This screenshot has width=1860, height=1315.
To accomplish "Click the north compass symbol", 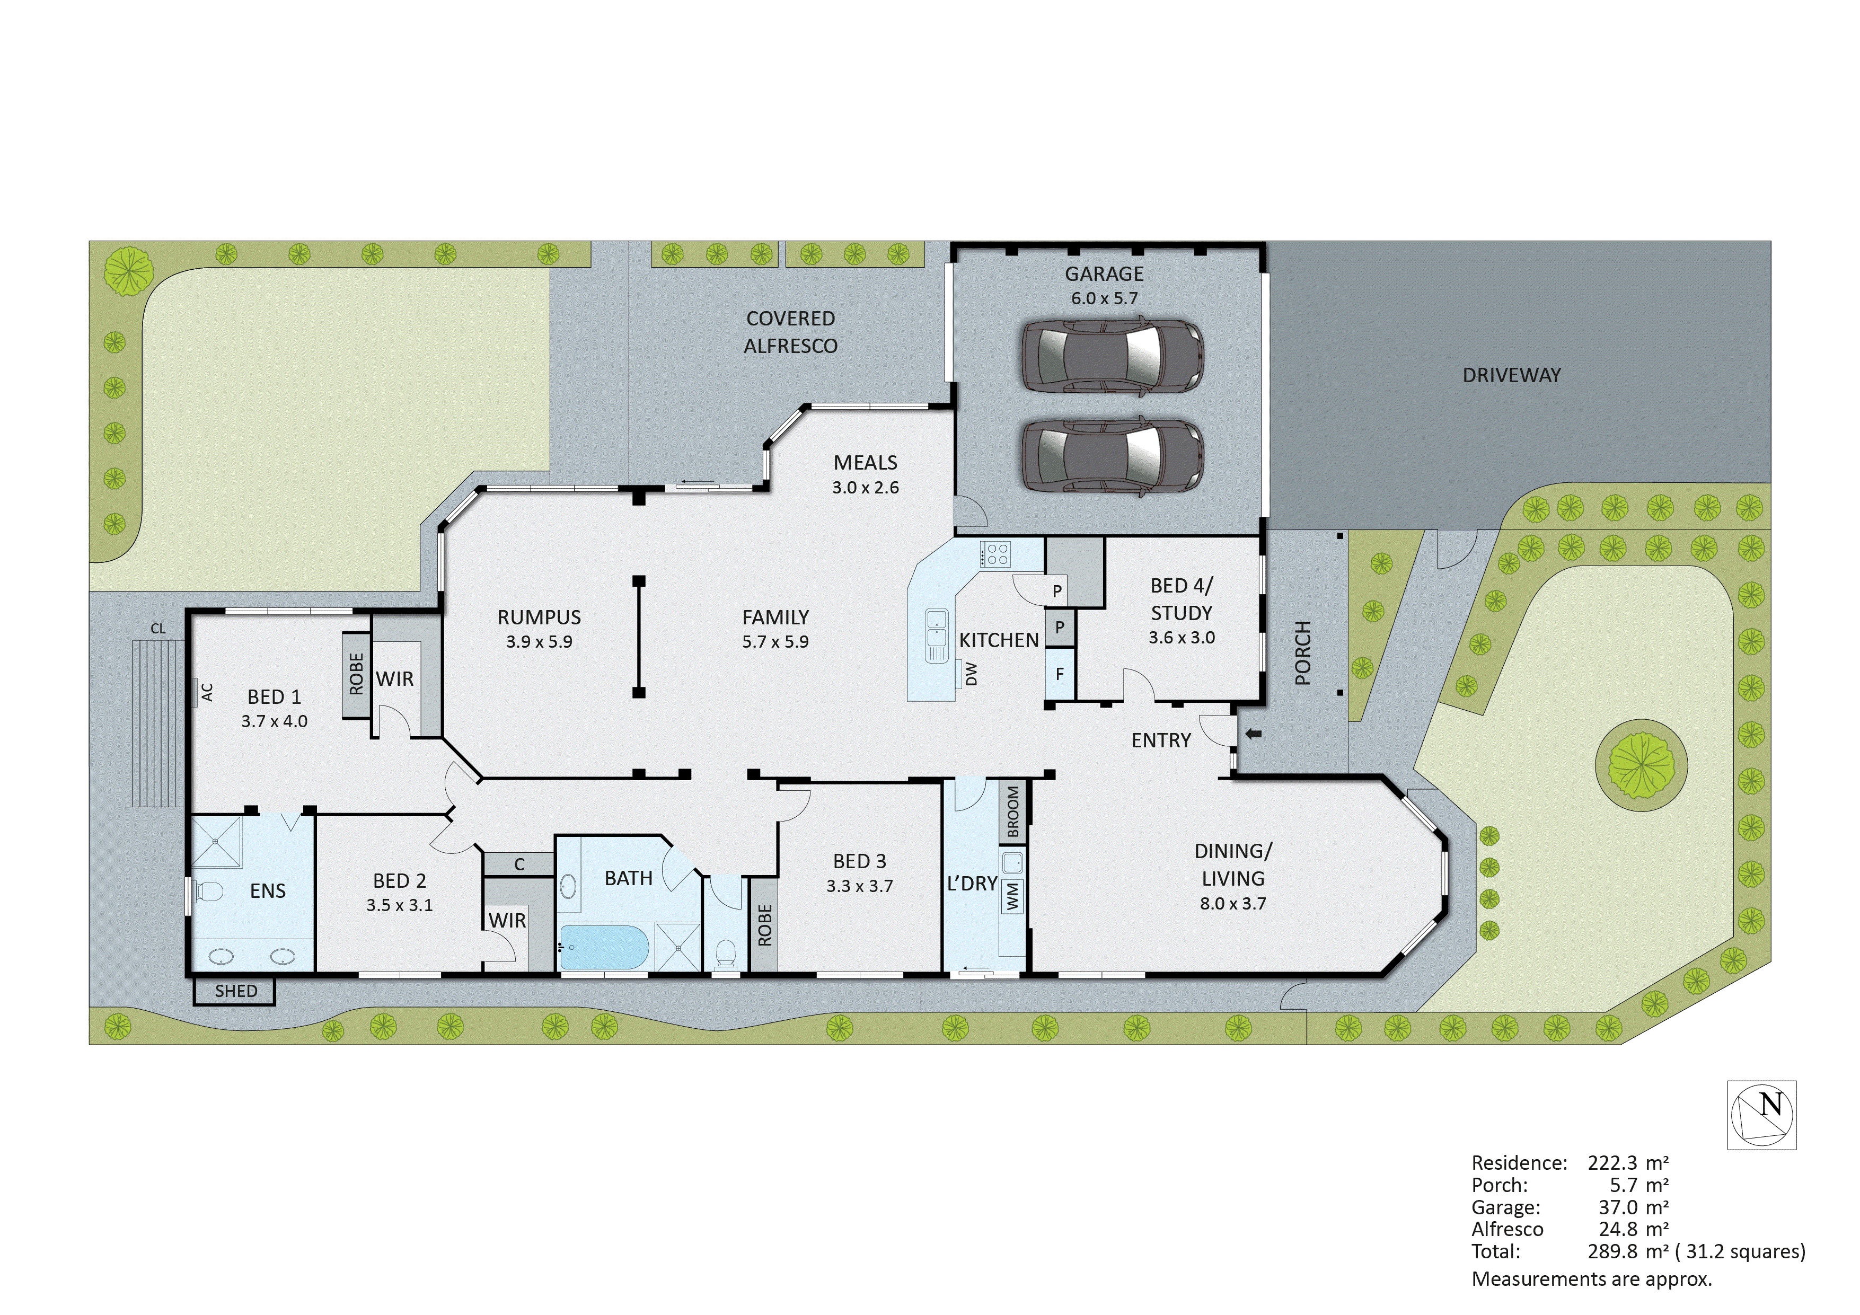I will [x=1761, y=1114].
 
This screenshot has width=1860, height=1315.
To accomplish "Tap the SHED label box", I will [x=235, y=991].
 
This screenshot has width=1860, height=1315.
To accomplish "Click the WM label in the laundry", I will [x=1012, y=896].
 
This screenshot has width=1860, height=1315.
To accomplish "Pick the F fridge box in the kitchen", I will [x=1060, y=674].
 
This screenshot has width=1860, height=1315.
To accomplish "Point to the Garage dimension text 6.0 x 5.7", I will [x=1104, y=298].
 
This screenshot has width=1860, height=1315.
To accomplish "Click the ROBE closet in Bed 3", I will [x=764, y=924].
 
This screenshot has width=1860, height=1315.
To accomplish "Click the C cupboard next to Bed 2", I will [x=519, y=864].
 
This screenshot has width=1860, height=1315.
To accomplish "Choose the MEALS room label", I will [x=865, y=463].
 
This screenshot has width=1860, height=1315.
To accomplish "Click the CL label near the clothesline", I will [x=158, y=629].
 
